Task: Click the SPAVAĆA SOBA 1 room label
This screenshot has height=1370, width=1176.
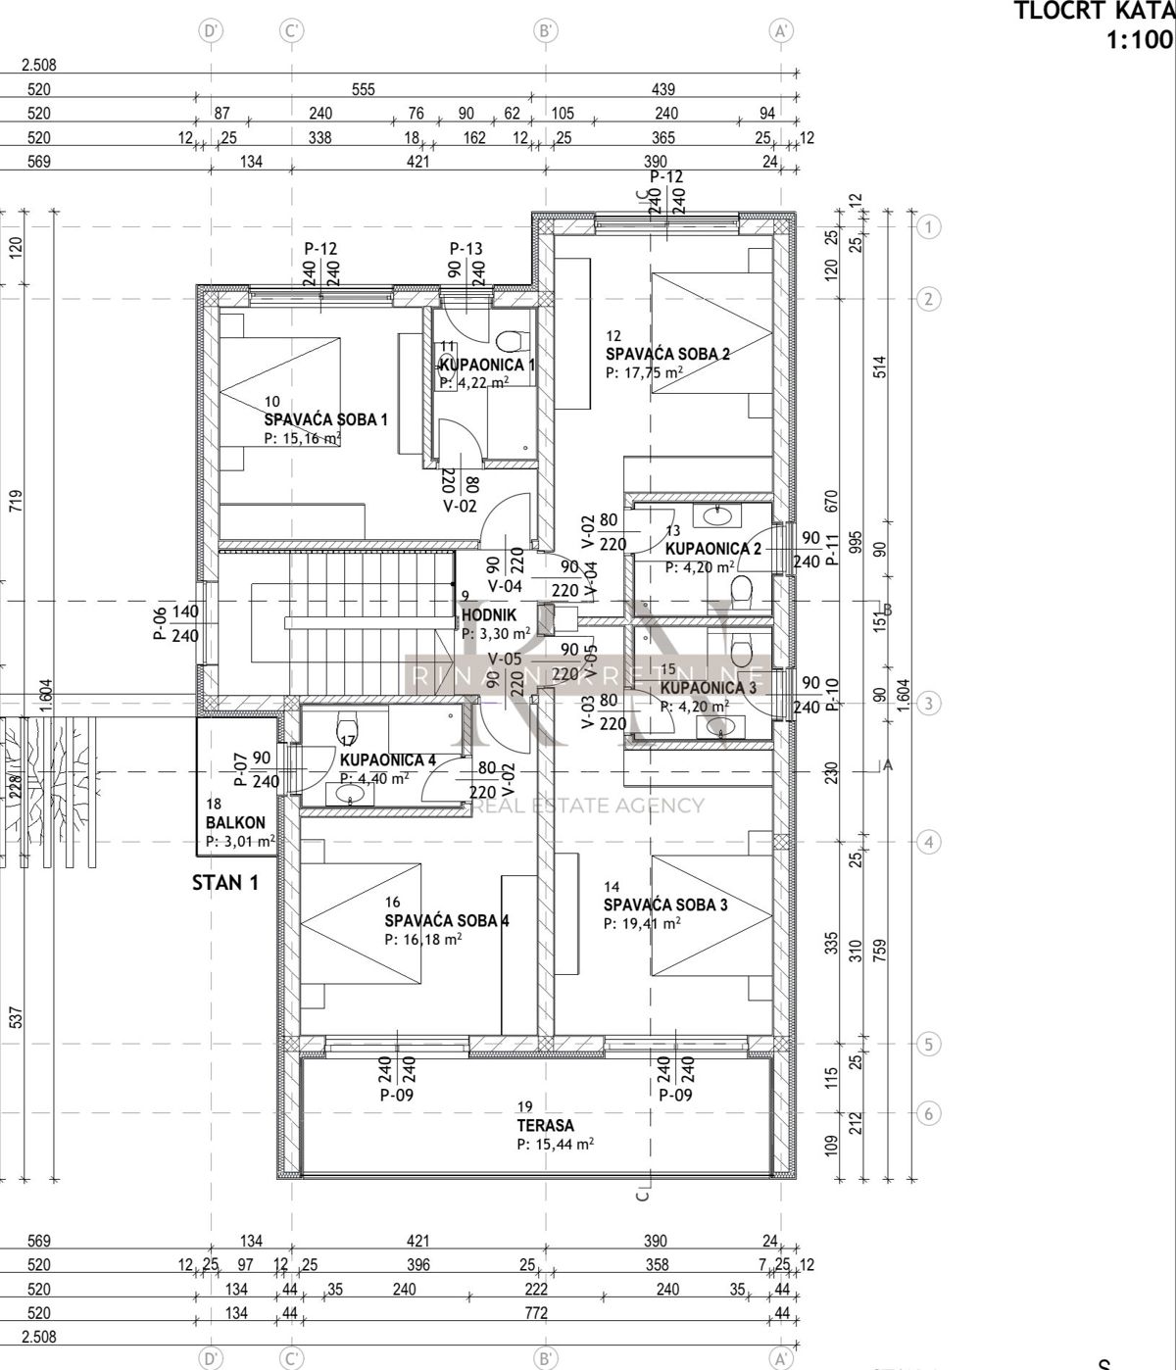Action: coord(325,419)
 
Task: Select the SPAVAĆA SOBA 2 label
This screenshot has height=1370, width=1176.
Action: coord(667,354)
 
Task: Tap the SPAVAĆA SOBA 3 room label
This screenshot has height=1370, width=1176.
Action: coord(665,905)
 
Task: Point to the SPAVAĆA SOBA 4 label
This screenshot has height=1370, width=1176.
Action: coord(446,920)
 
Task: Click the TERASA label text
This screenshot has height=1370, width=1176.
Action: coord(546,1126)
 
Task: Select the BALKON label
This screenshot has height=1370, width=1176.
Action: coord(235,823)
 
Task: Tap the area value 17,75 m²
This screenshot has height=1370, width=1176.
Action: coord(644,372)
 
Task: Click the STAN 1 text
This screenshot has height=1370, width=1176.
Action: coord(225,882)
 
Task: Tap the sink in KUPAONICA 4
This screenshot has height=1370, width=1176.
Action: coord(351,798)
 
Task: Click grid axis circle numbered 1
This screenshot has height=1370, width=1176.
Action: coord(928,227)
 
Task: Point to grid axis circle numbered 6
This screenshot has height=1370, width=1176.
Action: coord(928,1113)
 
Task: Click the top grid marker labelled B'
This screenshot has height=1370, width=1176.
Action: coord(547,31)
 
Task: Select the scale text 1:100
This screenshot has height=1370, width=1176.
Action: coord(1139,40)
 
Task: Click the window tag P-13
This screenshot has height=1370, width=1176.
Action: coord(467,249)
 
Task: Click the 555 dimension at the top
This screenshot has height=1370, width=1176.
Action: coord(363,89)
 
